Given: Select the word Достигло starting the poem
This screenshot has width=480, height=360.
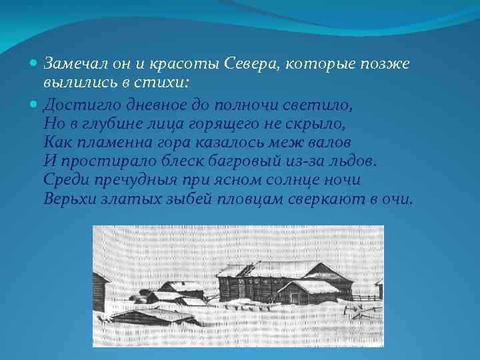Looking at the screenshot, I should pyautogui.click(x=75, y=105).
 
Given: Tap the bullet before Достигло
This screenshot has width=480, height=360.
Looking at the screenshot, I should pyautogui.click(x=35, y=106).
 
